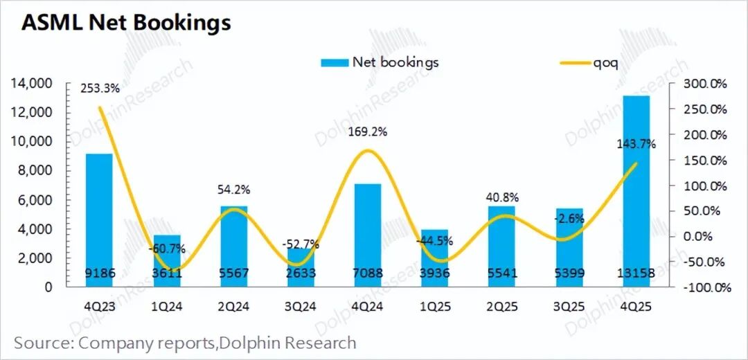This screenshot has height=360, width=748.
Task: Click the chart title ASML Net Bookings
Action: (x=126, y=22)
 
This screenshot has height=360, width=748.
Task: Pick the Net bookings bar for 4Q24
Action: (x=367, y=235)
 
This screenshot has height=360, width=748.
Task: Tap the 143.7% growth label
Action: (x=636, y=144)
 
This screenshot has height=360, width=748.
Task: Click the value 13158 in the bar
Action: (x=636, y=273)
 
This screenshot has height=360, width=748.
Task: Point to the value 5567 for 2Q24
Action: (x=234, y=273)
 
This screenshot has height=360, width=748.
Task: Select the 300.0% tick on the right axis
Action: (x=704, y=84)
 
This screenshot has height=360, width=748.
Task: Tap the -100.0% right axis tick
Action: (x=704, y=287)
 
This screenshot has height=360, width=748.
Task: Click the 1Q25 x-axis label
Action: (x=434, y=304)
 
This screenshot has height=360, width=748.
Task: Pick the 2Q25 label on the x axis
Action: (x=501, y=304)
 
